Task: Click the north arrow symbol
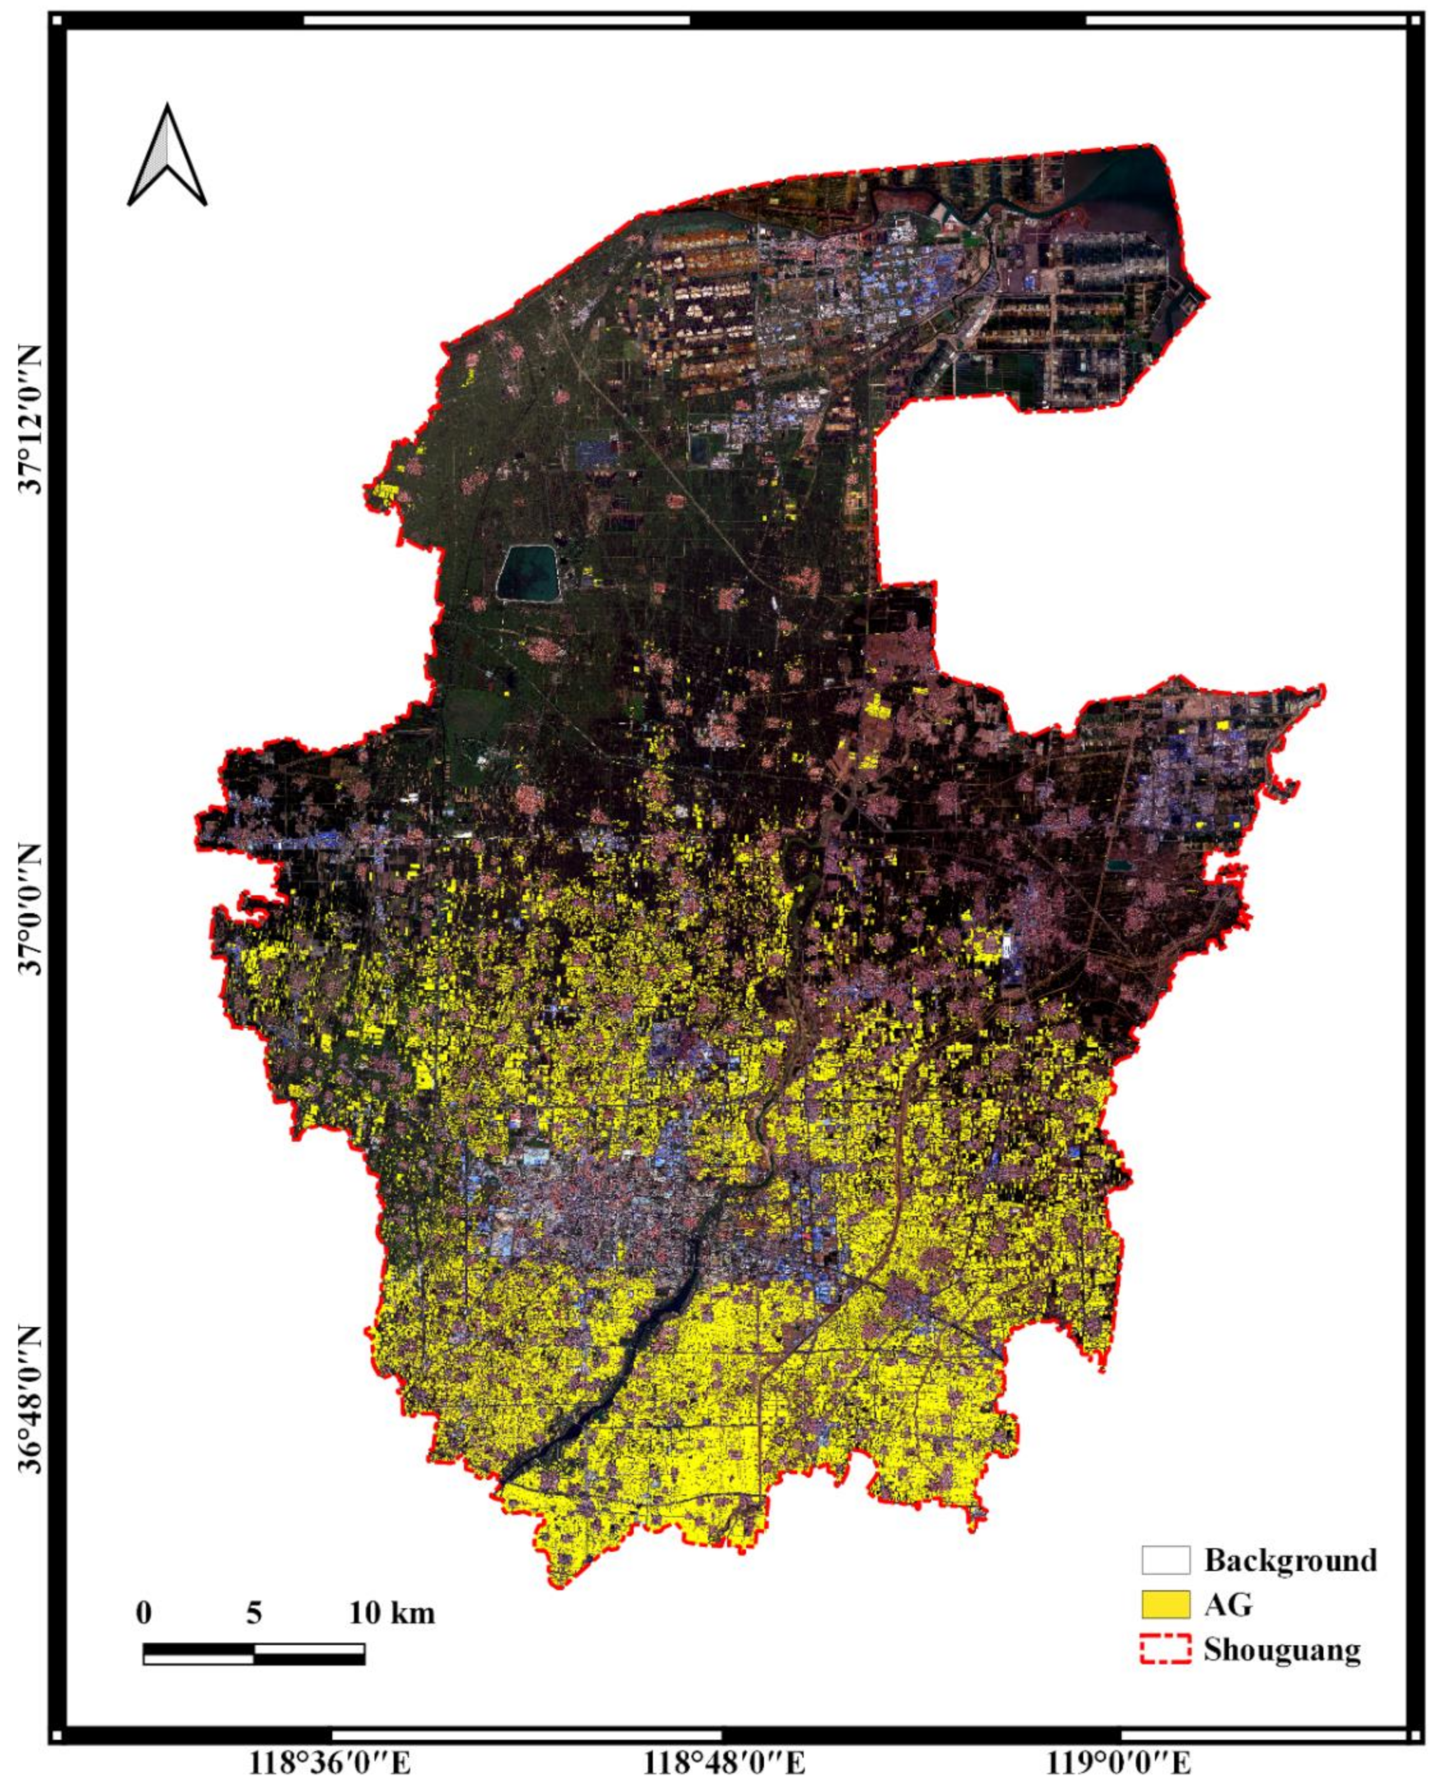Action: tap(167, 156)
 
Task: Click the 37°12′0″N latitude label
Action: tap(35, 419)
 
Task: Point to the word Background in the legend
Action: tap(1290, 1560)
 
